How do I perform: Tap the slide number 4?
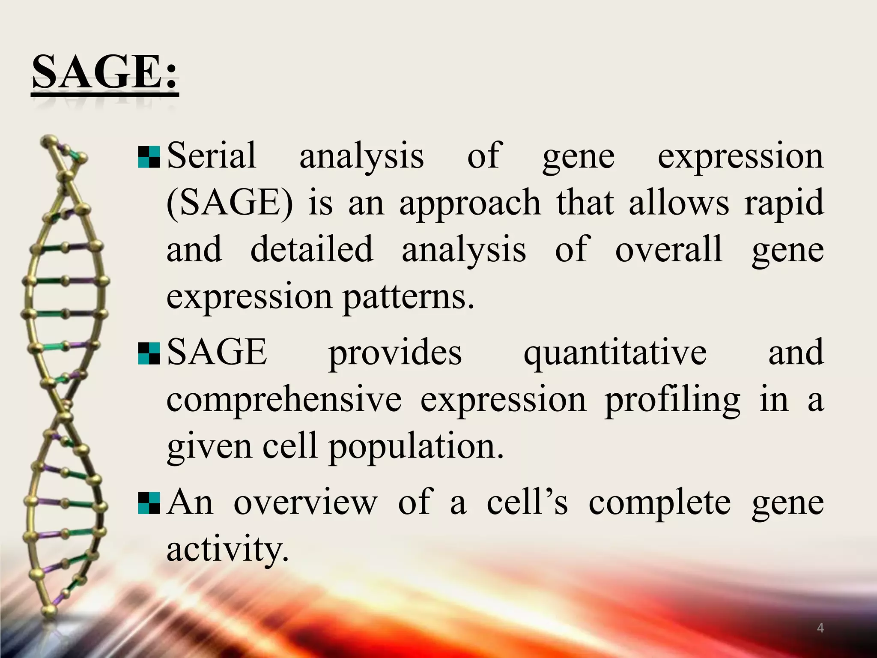pyautogui.click(x=820, y=628)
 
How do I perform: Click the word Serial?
pyautogui.click(x=212, y=155)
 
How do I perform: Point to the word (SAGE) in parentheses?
pyautogui.click(x=230, y=203)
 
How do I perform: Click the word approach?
pyautogui.click(x=470, y=203)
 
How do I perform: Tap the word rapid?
pyautogui.click(x=784, y=203)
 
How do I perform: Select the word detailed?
pyautogui.click(x=311, y=249)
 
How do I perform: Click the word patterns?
pyautogui.click(x=409, y=296)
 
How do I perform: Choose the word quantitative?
pyautogui.click(x=615, y=352)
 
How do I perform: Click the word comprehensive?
pyautogui.click(x=284, y=399)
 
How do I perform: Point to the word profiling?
pyautogui.click(x=672, y=399)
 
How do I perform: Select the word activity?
pyautogui.click(x=227, y=549)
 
